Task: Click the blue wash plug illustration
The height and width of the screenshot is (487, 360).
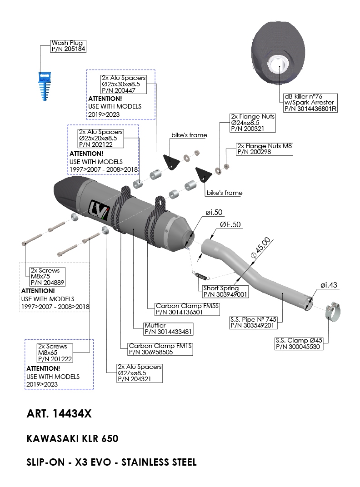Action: [44, 86]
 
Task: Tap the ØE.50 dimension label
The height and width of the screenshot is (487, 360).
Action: [230, 225]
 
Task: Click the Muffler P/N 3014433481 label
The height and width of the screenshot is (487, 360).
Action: [162, 328]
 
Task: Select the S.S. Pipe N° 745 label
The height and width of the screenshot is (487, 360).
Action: [253, 322]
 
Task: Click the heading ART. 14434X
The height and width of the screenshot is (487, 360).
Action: [59, 414]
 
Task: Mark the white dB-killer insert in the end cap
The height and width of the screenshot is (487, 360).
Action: [279, 65]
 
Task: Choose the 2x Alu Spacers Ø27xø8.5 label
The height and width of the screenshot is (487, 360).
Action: [139, 373]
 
